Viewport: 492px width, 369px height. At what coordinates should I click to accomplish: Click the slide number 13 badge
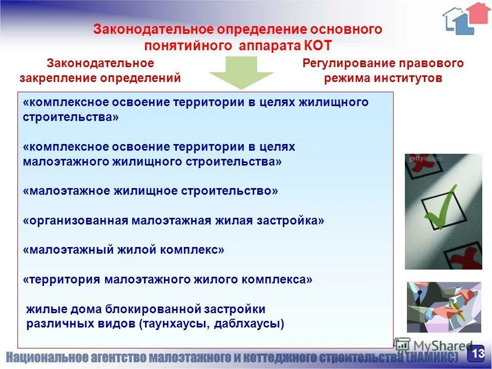(x=477, y=354)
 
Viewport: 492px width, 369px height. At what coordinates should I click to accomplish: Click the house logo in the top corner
(x=466, y=18)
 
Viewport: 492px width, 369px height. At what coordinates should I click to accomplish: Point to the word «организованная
(x=75, y=220)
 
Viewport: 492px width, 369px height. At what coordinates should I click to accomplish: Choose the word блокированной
(x=152, y=310)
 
